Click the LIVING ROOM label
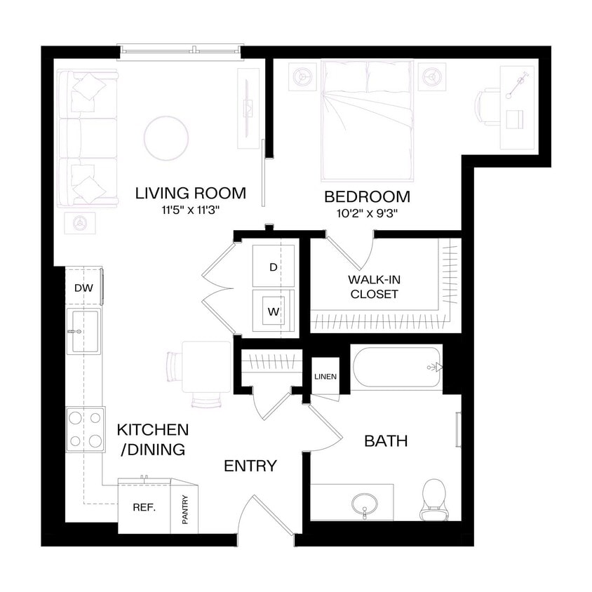tap(190, 193)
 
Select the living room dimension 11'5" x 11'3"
tap(191, 210)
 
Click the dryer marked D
tap(273, 267)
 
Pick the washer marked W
tap(273, 309)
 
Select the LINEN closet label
tap(325, 377)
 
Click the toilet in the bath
tap(433, 498)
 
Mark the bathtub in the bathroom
tap(397, 367)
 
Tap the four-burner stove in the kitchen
tap(85, 429)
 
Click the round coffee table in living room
tap(166, 137)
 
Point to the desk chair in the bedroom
tap(487, 107)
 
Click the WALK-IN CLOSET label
tap(373, 286)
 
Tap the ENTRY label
tap(250, 466)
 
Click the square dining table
tap(206, 366)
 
